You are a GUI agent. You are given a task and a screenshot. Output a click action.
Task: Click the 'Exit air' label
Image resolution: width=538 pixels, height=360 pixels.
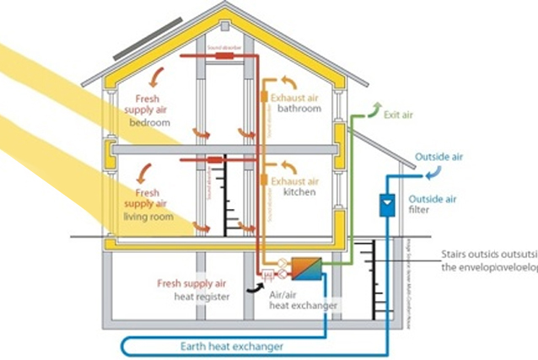coord(398,113)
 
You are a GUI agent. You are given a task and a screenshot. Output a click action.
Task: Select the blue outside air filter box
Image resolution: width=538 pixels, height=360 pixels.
coord(386,205)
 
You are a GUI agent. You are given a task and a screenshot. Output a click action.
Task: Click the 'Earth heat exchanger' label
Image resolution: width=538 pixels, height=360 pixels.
coord(229,347)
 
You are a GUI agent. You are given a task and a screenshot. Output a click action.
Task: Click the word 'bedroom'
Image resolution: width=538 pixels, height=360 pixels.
coord(149,122)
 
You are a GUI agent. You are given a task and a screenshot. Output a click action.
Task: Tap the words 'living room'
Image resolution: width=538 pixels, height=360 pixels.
coord(150,217)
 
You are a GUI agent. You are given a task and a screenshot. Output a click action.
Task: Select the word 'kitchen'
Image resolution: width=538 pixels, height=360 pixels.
coord(300,192)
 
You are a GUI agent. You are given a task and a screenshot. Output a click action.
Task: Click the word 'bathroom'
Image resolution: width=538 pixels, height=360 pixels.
coord(303,109)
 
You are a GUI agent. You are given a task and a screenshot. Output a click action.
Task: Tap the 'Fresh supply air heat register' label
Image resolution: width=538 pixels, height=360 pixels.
coord(193,289)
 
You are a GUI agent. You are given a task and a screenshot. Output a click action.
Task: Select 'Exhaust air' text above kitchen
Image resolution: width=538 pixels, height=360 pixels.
coord(295,181)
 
